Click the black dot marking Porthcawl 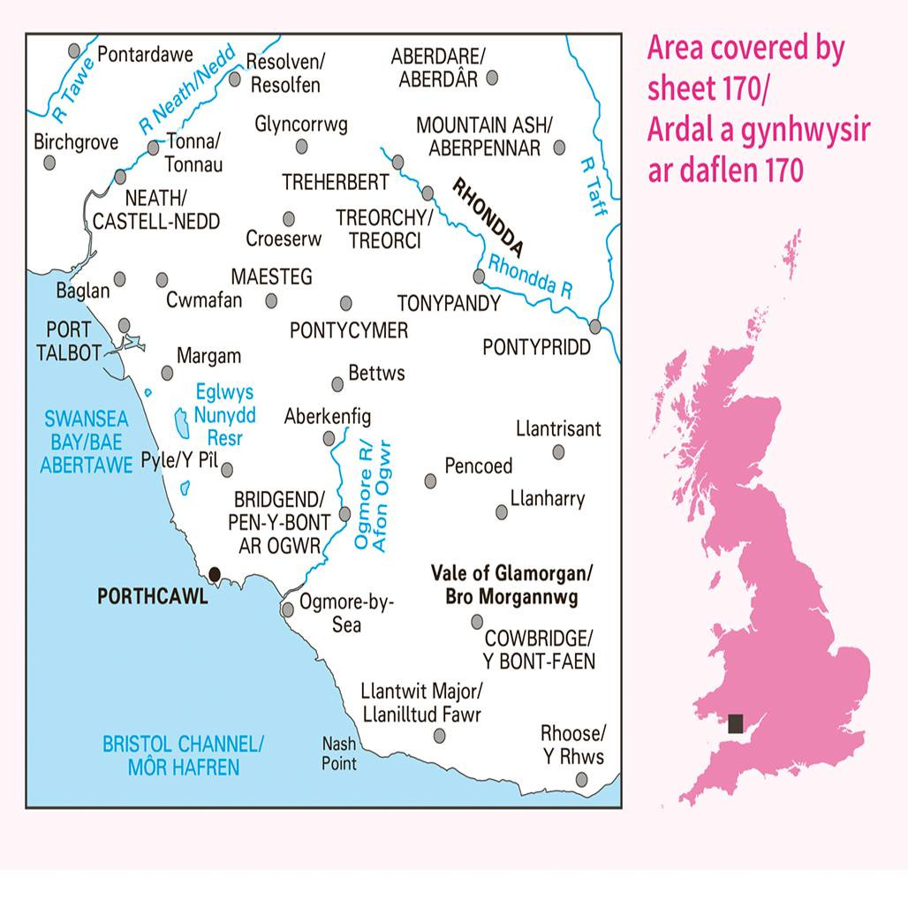coord(213,574)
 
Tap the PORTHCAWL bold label coord(153,597)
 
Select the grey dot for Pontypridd coord(595,326)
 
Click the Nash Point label coord(339,753)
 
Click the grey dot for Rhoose coord(582,779)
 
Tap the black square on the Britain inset coord(735,724)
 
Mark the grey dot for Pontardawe coord(75,50)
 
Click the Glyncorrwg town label coord(300,125)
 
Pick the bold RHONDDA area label coord(488,216)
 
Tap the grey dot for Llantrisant coord(558,452)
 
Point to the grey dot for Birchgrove coord(50,163)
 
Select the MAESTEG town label coord(271,277)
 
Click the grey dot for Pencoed coord(430,480)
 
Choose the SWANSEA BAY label coord(85,441)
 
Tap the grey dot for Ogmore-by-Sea coord(288,609)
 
